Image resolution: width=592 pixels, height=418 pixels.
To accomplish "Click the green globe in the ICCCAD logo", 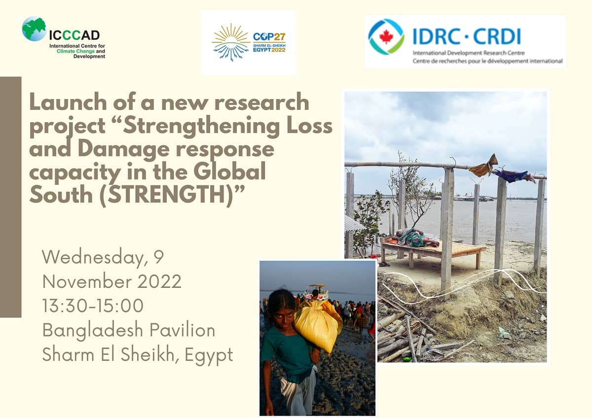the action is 34,29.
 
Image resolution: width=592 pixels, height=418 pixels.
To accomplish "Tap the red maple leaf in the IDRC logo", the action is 386,36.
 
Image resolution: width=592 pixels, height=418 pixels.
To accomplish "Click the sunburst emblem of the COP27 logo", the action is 230,42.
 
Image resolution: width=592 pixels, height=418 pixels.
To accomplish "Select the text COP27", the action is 269,36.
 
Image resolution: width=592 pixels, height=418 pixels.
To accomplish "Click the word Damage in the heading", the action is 123,149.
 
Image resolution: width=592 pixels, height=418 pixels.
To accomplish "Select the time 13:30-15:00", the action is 93,305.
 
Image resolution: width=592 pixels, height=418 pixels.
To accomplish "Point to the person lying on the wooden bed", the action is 415,238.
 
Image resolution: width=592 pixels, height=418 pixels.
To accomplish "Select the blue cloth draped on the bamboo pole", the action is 514,176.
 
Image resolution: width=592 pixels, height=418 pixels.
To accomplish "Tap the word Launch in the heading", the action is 68,102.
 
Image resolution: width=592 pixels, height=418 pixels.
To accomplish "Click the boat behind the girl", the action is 317,292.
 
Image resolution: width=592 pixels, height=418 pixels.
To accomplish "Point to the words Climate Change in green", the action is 75,51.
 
